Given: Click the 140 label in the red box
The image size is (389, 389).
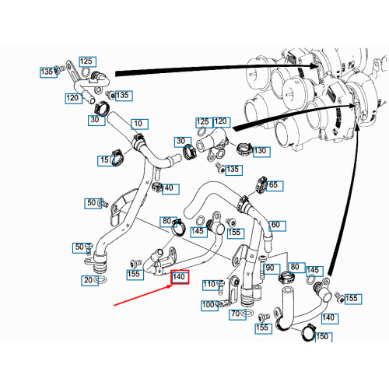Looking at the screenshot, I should (179, 277).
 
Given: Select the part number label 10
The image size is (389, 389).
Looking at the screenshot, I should (138, 124).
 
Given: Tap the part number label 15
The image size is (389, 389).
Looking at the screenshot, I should (105, 159).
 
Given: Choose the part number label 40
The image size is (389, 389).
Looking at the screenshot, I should (169, 188).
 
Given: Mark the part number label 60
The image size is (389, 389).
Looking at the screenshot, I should (275, 226).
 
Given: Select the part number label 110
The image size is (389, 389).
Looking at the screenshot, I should (208, 285).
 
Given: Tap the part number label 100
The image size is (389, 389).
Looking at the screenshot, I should (208, 305).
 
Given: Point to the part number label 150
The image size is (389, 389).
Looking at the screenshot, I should (322, 337).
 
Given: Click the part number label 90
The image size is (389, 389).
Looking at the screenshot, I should (269, 268).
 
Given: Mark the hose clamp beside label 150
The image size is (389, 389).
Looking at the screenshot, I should (305, 333).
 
